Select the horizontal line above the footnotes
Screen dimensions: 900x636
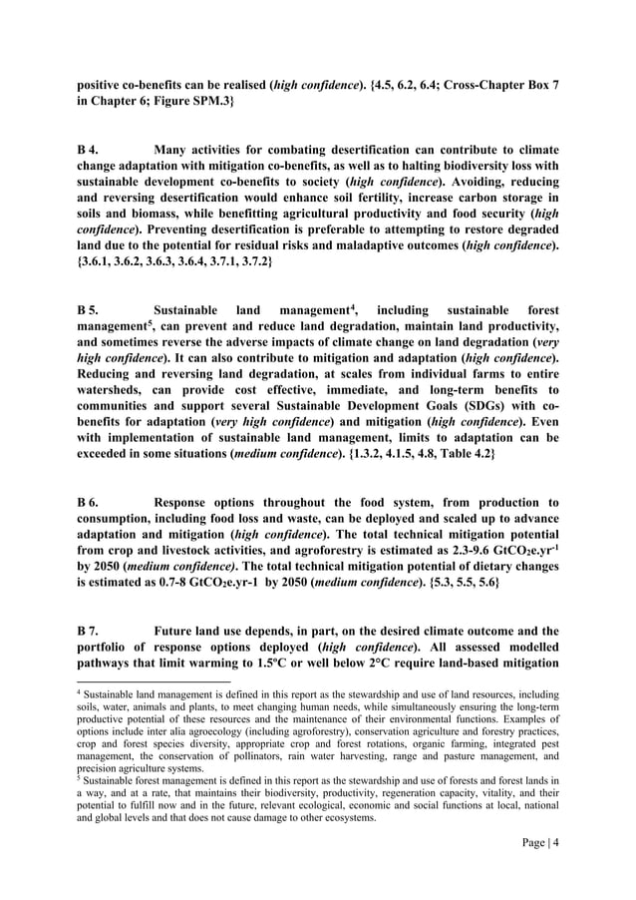click(x=154, y=683)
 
